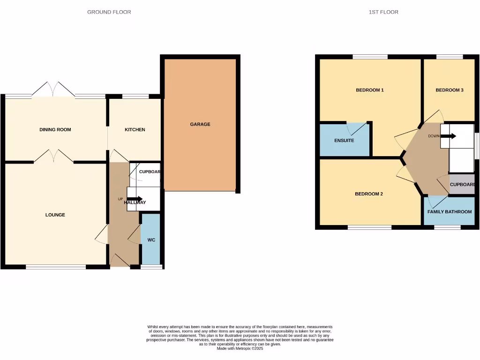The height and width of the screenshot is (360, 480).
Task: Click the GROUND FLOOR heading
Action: pos(109,12)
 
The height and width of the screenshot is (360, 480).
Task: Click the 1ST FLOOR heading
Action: pos(383,12)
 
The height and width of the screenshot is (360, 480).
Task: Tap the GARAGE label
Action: pos(200,124)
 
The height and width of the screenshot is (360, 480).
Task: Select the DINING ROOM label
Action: pos(55,129)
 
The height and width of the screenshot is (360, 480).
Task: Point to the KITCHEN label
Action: pos(135,129)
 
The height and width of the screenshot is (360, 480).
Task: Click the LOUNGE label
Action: pos(55,215)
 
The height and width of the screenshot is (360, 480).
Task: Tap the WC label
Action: pos(151,240)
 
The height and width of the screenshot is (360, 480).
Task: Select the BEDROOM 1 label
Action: pos(370,90)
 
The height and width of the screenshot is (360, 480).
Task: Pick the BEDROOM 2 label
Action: pos(369,194)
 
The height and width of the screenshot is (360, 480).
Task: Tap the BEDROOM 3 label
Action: pos(449,90)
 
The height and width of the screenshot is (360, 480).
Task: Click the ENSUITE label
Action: pos(344,140)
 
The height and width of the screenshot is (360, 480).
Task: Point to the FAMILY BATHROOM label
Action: pos(449,212)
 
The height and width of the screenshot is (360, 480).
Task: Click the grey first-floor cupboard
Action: pos(461,185)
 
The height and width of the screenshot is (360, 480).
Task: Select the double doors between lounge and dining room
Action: pos(53,156)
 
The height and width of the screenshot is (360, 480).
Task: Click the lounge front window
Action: pos(55,267)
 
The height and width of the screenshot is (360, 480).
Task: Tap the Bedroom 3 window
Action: pos(450,57)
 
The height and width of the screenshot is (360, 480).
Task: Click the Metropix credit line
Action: pos(240,349)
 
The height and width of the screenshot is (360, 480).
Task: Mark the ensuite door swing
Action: pos(356,129)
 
